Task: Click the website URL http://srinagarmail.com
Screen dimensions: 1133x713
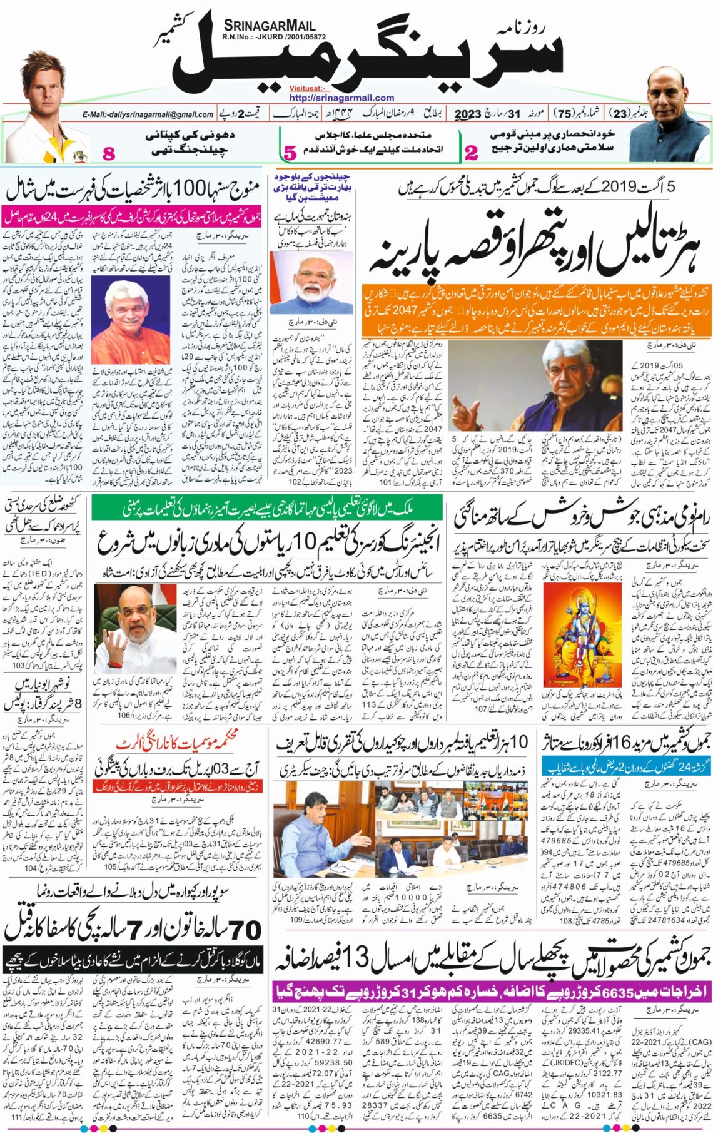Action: [341, 98]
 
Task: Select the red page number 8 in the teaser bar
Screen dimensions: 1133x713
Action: [109, 153]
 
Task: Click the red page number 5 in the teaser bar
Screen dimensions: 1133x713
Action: [289, 152]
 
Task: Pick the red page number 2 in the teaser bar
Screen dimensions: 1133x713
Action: [471, 152]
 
